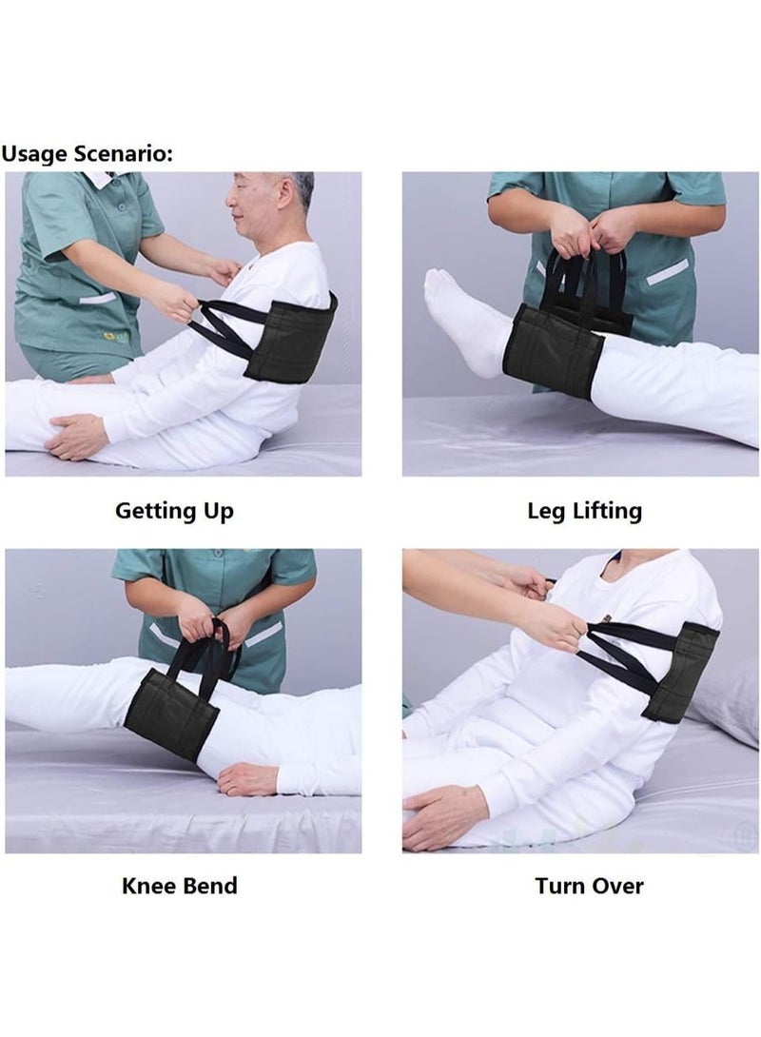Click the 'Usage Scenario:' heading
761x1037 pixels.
point(87,153)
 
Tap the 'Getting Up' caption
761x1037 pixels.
point(174,511)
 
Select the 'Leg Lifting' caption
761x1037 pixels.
point(584,511)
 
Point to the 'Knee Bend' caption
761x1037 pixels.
point(180,886)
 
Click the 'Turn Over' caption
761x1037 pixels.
point(589,886)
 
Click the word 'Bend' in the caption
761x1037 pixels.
point(207,886)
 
